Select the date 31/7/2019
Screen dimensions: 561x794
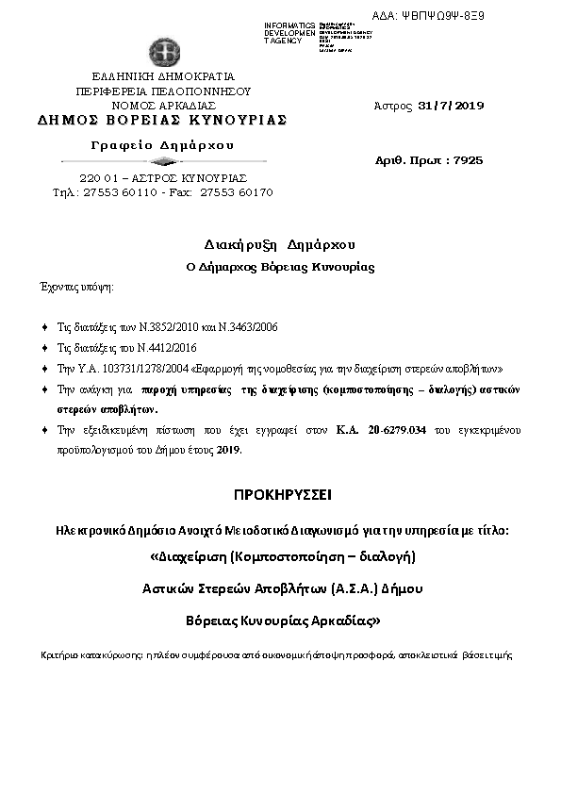click(450, 106)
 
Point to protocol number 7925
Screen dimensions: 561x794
click(468, 160)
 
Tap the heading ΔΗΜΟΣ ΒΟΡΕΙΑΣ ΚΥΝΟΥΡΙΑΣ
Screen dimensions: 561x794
click(162, 121)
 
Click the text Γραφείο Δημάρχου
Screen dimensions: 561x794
click(162, 144)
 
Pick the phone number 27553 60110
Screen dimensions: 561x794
click(118, 191)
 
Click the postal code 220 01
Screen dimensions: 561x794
click(96, 177)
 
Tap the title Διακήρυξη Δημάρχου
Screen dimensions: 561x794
click(279, 243)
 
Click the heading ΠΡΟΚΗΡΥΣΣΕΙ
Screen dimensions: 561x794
click(279, 495)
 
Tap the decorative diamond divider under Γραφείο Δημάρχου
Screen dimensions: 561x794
click(162, 162)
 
